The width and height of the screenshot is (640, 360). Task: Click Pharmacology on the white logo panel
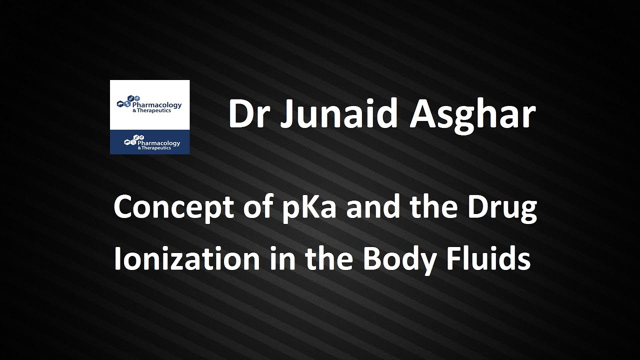[x=156, y=105]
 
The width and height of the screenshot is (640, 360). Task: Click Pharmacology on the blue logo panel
[x=155, y=143]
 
